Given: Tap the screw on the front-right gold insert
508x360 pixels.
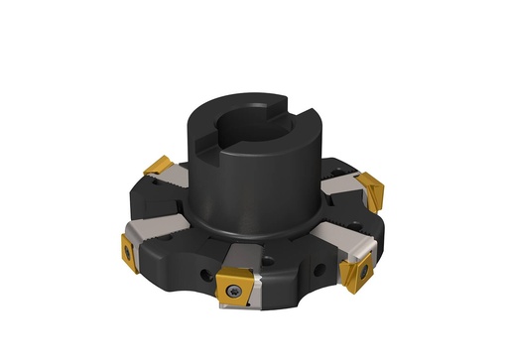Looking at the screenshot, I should [x=364, y=269].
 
